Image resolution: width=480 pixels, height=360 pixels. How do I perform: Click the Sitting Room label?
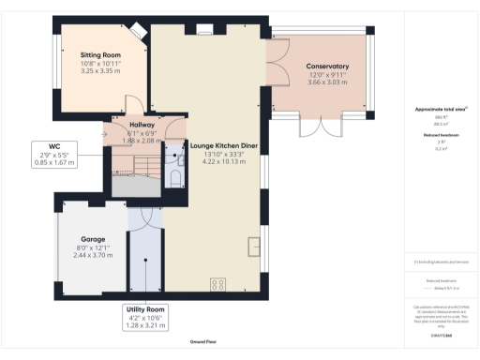click(100, 56)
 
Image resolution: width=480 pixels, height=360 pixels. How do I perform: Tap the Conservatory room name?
click(327, 67)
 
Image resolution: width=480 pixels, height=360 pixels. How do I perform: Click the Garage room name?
click(93, 238)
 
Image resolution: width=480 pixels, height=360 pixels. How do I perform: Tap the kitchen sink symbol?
click(253, 247)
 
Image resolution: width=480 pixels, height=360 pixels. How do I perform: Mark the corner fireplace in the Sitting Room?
click(136, 31)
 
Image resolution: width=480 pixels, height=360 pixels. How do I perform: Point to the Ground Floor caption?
click(204, 342)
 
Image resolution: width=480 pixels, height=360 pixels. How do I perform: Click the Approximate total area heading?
click(441, 110)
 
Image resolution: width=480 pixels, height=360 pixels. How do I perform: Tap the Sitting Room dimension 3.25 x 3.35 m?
click(100, 71)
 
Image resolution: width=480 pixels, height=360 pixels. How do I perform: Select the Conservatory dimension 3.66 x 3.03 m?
click(327, 82)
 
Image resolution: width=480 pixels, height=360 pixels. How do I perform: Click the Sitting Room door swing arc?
click(133, 101)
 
